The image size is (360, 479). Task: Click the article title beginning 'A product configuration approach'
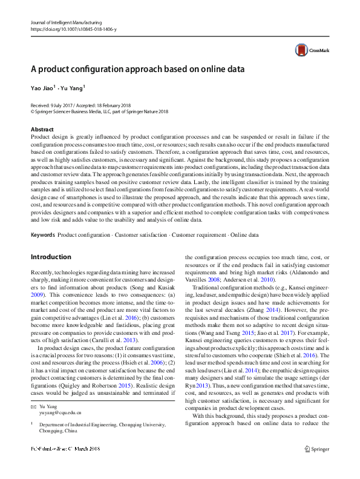[137, 69]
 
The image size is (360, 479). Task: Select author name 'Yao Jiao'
[42, 88]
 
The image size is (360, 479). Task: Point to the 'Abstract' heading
[42, 130]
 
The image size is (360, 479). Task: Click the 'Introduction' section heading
[51, 257]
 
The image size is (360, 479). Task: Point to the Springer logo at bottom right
[316, 465]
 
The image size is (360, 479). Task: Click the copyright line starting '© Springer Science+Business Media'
[91, 111]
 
